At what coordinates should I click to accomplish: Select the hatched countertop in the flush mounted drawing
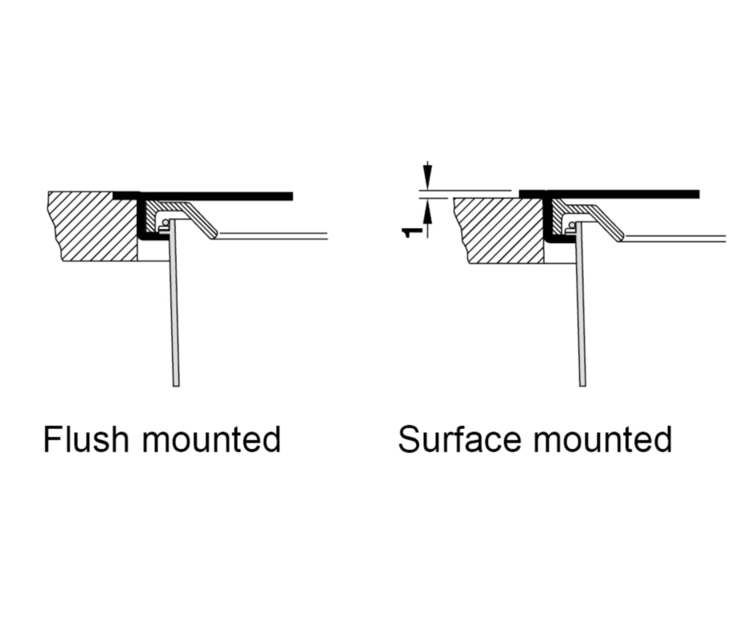(92, 226)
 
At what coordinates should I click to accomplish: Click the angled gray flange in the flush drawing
(201, 220)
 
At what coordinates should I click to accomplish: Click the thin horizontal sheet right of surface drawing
(676, 238)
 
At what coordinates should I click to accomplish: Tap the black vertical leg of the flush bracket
(141, 216)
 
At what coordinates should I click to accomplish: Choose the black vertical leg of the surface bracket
(549, 218)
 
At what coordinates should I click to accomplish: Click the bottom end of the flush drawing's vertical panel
(175, 383)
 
